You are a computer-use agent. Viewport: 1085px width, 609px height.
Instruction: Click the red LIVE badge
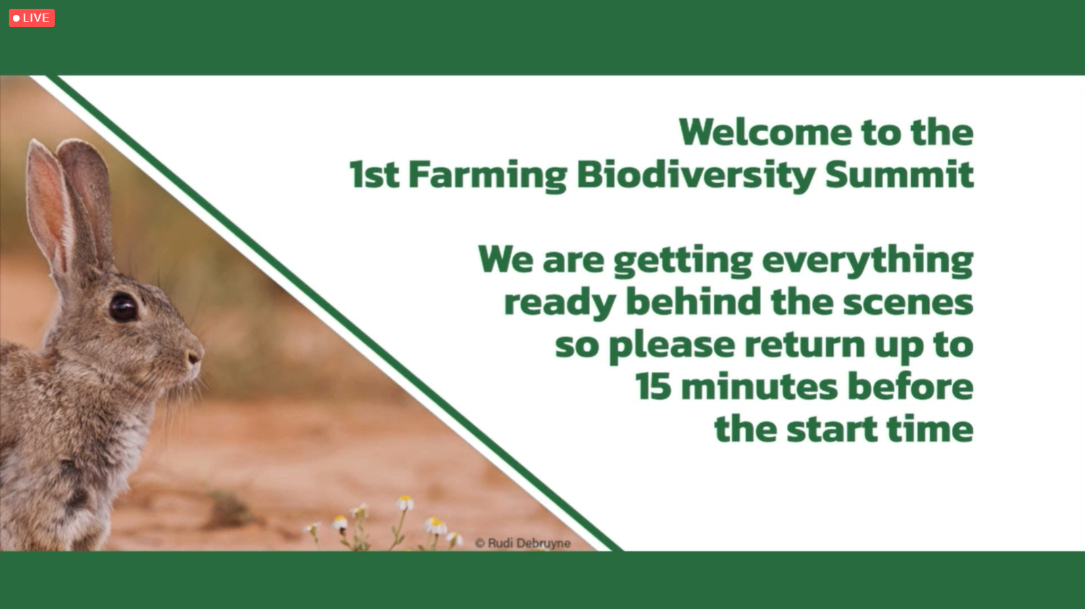[32, 18]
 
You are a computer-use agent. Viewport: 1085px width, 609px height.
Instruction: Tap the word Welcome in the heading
[765, 132]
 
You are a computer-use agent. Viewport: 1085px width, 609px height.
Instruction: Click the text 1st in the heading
[374, 174]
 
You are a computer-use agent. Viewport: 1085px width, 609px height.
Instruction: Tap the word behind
[694, 301]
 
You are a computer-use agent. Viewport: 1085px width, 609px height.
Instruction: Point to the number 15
[653, 387]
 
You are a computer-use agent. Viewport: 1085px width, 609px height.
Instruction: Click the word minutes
[759, 387]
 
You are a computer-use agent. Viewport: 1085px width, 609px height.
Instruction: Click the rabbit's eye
[124, 308]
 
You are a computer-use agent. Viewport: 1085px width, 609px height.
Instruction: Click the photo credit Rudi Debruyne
[523, 543]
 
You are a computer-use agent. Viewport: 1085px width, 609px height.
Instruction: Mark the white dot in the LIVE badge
[16, 18]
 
